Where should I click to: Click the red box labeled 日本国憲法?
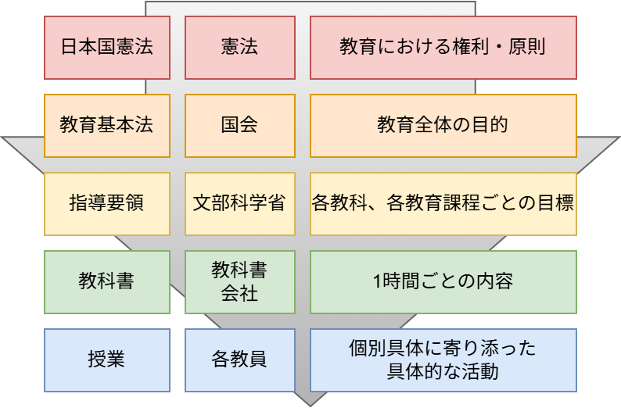click(106, 47)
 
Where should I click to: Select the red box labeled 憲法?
click(239, 47)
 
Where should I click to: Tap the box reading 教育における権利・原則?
click(443, 47)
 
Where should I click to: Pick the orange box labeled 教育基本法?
click(106, 125)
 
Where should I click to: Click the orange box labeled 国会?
click(239, 125)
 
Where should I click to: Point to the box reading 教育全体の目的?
click(443, 125)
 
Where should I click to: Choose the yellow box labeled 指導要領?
click(106, 203)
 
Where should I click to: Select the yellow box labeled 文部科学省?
click(239, 203)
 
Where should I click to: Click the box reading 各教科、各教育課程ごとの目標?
click(443, 203)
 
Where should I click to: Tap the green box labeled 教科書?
click(106, 281)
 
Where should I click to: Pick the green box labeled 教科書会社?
click(239, 281)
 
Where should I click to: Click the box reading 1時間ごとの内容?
click(443, 281)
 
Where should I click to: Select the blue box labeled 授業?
click(106, 360)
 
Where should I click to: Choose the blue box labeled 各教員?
click(239, 360)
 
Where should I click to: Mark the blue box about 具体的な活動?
click(443, 360)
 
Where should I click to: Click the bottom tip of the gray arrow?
click(310, 404)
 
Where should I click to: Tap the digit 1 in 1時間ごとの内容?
click(379, 281)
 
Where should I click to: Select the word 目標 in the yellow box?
click(558, 203)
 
